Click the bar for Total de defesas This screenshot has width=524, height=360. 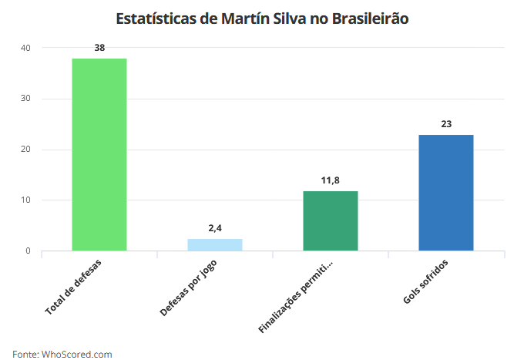99,154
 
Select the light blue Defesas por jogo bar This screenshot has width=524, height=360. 215,244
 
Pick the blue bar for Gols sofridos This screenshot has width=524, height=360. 446,193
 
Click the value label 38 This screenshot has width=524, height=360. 99,48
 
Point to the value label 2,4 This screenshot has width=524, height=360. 215,228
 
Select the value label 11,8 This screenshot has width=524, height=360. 331,180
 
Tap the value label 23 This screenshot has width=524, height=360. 446,124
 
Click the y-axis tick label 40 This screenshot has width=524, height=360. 25,48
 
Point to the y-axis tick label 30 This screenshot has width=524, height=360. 25,99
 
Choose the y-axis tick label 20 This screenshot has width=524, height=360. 25,150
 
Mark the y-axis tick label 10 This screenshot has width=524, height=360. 25,200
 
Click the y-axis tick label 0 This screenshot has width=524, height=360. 28,251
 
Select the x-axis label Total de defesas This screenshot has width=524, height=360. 74,286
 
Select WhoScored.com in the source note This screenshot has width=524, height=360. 77,354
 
